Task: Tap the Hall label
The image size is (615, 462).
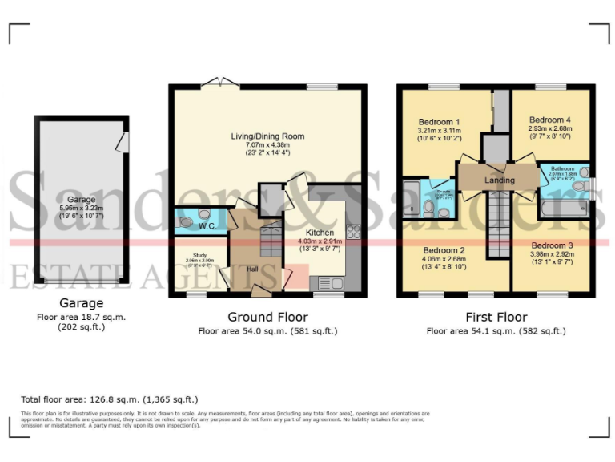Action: click(252, 269)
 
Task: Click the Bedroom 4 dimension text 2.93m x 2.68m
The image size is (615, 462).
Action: click(549, 128)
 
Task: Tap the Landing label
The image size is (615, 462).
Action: click(500, 180)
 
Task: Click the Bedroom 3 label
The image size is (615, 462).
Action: click(552, 245)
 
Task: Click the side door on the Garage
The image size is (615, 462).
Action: click(122, 143)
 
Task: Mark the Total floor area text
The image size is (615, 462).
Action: click(110, 399)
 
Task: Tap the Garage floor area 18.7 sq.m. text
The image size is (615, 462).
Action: click(82, 317)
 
